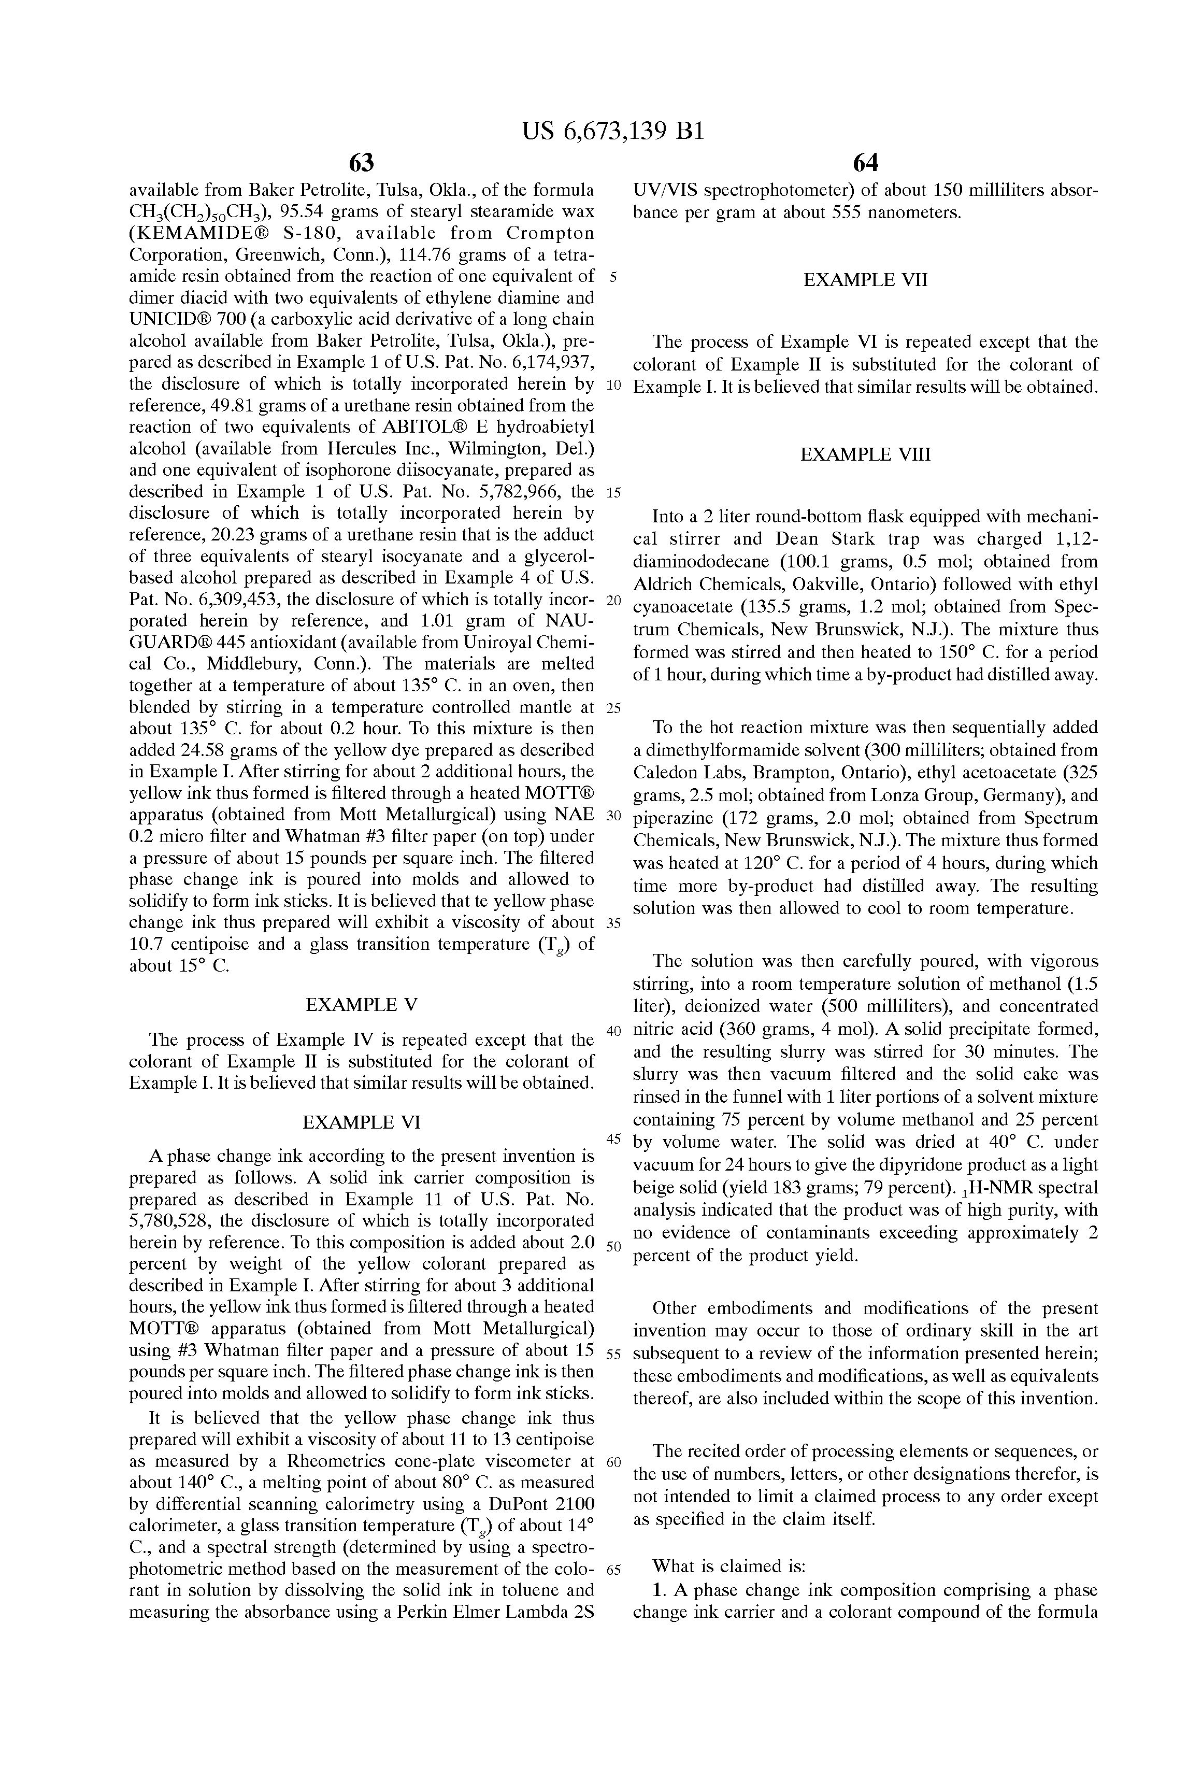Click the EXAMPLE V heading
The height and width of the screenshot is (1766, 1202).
(361, 1005)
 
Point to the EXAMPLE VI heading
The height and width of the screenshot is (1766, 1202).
(361, 1122)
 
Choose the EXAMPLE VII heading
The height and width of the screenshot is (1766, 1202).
(865, 280)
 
